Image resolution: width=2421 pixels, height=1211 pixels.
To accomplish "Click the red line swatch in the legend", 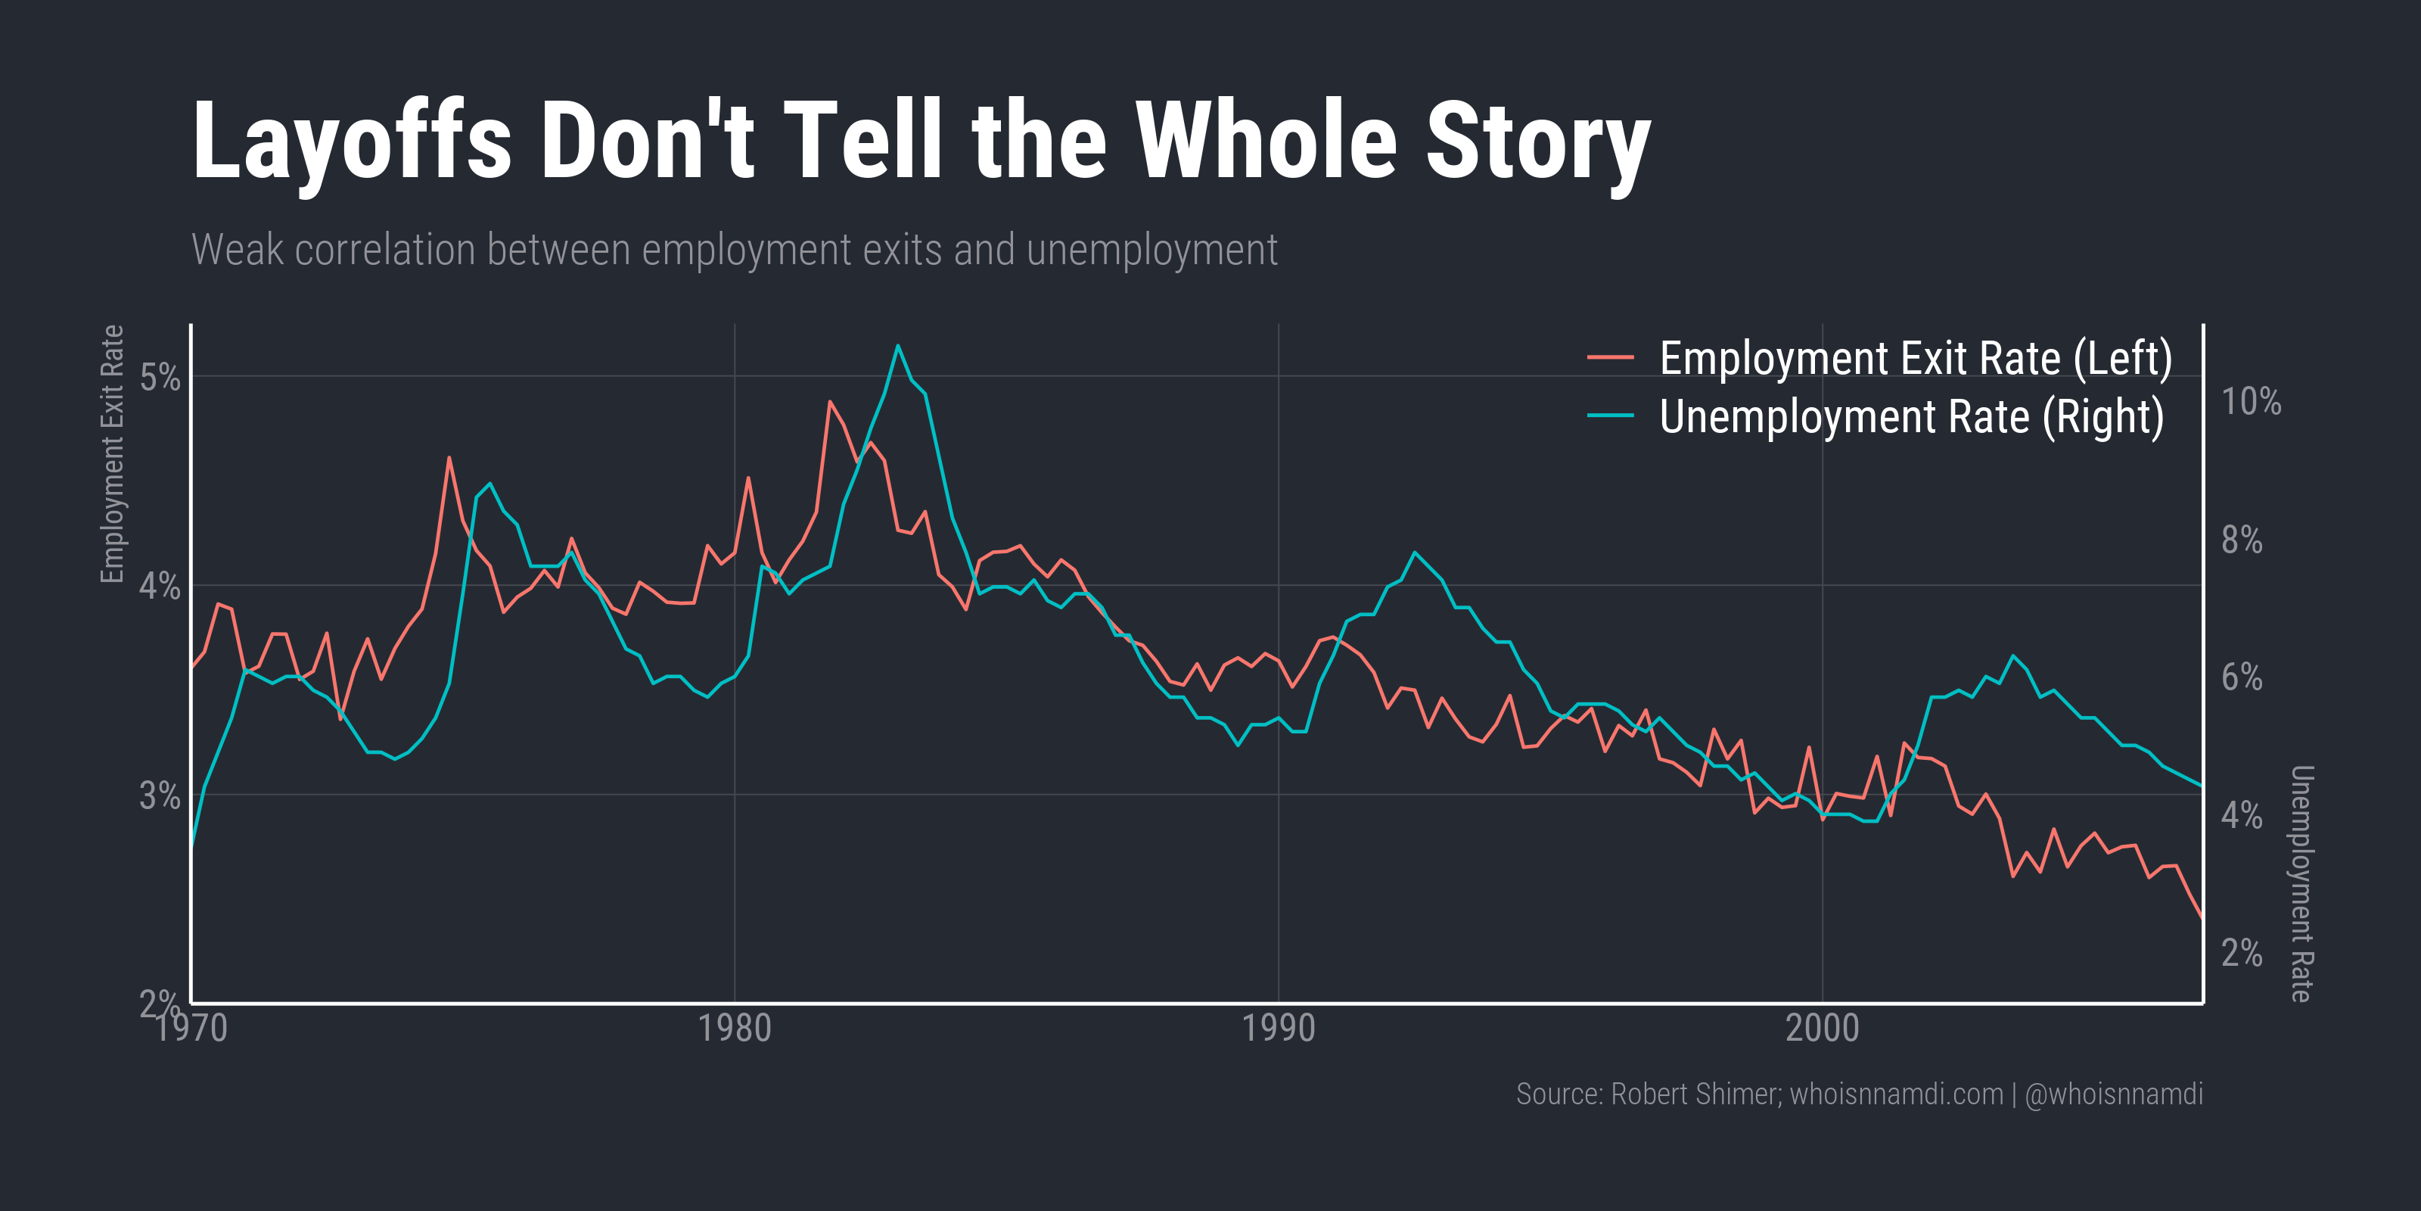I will click(1610, 358).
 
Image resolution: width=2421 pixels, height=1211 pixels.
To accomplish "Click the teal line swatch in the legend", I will click(1610, 416).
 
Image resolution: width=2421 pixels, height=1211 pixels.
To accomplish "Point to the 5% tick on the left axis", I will click(159, 377).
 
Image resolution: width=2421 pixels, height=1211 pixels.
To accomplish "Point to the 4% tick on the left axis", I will click(159, 586).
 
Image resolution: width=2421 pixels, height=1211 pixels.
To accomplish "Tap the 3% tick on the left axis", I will click(159, 795).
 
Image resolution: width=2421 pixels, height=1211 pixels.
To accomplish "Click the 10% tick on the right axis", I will click(2250, 401).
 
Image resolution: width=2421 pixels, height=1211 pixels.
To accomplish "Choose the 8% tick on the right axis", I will click(2242, 540).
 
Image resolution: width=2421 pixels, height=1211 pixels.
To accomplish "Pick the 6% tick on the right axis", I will click(2242, 677).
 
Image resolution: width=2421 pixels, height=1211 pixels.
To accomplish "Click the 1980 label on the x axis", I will click(734, 1028).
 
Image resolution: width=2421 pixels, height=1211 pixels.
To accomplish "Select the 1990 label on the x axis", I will click(1278, 1028).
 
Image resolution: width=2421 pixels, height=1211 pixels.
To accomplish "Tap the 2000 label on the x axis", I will click(1821, 1028).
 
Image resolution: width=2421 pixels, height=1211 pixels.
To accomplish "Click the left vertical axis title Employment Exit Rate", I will click(112, 454).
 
